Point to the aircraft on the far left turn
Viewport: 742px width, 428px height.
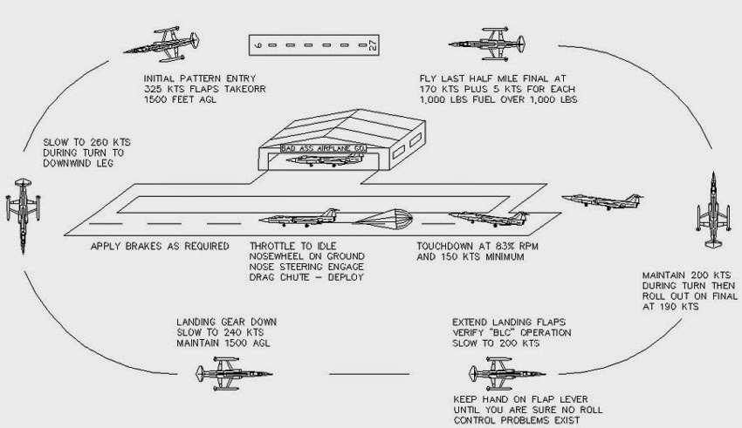pos(24,208)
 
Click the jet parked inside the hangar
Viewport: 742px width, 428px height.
pos(318,160)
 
